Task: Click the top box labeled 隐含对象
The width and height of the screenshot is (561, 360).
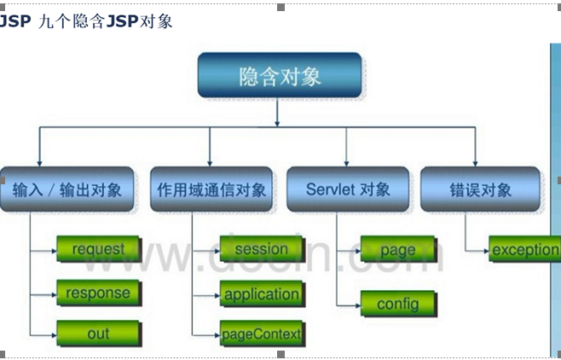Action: coord(280,76)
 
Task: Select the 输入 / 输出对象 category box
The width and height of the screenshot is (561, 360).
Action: coord(67,189)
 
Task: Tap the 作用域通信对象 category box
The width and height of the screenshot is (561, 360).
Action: coord(211,189)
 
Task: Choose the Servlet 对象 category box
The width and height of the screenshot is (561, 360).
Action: coord(347,189)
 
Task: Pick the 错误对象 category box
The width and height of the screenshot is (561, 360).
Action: coord(480,189)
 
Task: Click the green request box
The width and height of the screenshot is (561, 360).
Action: coord(98,250)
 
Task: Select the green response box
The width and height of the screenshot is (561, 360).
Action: coord(98,293)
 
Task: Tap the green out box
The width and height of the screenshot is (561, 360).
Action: coord(98,334)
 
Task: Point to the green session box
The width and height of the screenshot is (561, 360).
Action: coord(261,250)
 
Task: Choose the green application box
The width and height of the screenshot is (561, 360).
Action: coord(261,295)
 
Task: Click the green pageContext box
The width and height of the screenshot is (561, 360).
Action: coord(261,334)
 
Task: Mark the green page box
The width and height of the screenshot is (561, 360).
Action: coord(398,251)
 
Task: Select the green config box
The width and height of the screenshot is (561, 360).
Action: coord(396,304)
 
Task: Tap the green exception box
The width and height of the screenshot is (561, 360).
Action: coord(524,250)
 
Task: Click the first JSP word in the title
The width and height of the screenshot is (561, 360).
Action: coord(14,21)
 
